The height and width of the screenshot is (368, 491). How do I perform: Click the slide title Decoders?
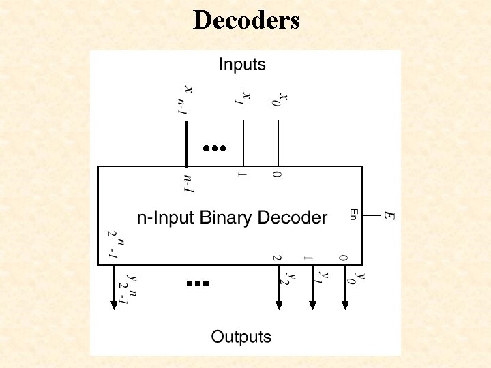pos(246,20)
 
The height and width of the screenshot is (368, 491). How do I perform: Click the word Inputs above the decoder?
pos(242,65)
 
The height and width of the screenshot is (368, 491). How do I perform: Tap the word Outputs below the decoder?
pos(241,336)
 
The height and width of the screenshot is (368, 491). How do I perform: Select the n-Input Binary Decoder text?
pos(233,218)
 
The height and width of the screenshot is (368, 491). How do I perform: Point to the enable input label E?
pos(389,215)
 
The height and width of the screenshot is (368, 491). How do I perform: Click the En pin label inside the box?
pos(353,214)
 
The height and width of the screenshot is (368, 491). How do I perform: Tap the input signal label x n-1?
pos(185,99)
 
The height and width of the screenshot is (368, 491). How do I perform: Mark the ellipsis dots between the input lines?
pos(213,147)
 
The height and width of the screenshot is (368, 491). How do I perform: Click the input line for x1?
pos(243,143)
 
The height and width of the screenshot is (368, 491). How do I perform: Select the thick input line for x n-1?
pos(186,143)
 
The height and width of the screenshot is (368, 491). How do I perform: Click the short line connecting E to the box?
pos(372,215)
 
